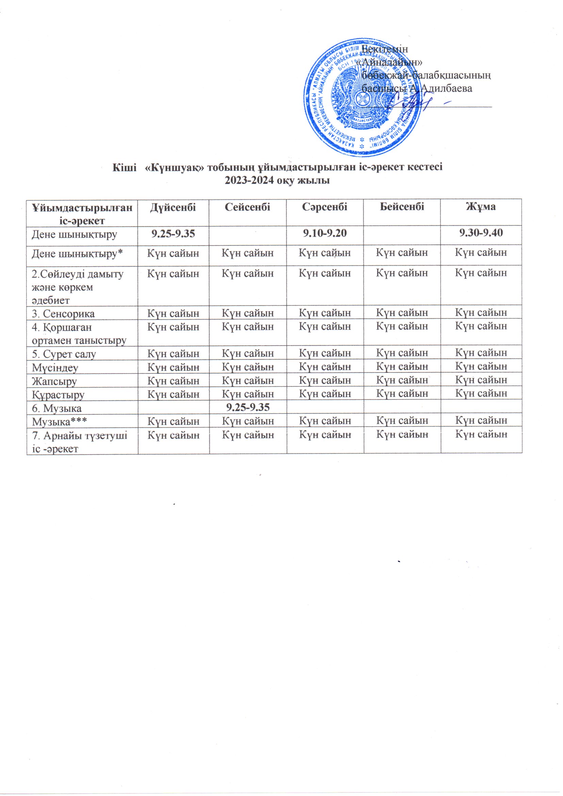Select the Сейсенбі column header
coord(247,207)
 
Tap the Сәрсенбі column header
coord(324,207)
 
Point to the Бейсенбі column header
coord(402,207)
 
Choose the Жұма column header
coord(481,207)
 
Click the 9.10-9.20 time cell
coord(324,233)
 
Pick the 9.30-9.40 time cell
coord(481,233)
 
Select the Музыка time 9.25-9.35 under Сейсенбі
coord(247,407)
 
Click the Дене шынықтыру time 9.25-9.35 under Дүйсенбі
coord(173,233)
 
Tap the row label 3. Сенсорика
coord(63,314)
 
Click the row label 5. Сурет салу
coord(64,354)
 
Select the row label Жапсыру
coord(54,381)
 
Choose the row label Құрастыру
coord(58,395)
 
